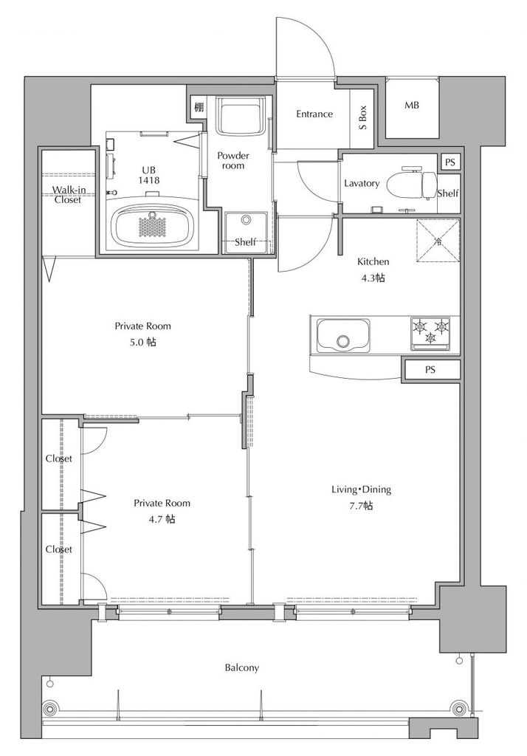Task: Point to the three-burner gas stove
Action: (x=430, y=333)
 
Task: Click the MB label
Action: (x=412, y=105)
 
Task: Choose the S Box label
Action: (x=362, y=117)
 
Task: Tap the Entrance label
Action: (x=314, y=114)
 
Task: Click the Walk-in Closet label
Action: (x=69, y=194)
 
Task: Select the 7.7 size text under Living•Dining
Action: (x=361, y=505)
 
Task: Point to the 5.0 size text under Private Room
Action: (x=142, y=343)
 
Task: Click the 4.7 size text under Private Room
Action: (x=162, y=519)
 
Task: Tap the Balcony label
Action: (x=242, y=667)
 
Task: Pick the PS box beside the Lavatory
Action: (x=449, y=162)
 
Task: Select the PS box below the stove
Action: (x=431, y=371)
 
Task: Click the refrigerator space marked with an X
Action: (x=438, y=241)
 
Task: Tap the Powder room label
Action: (x=233, y=160)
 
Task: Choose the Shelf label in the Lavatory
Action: (x=448, y=193)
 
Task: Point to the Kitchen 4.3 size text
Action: (x=373, y=278)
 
